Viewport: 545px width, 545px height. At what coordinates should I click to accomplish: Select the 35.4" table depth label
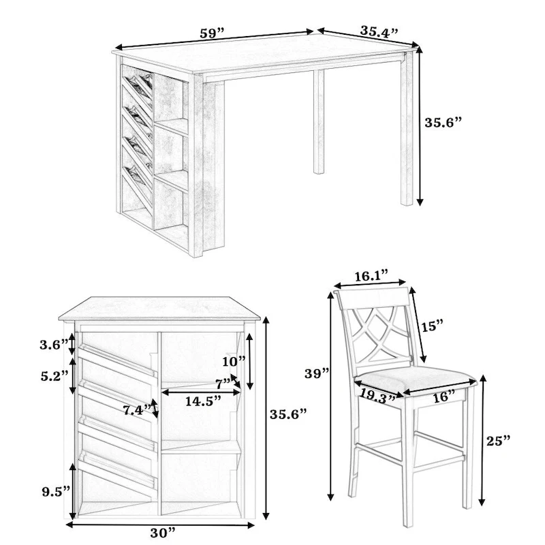379,31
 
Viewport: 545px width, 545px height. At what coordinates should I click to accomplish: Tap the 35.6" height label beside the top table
443,123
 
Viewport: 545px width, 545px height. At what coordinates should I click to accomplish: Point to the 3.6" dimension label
54,344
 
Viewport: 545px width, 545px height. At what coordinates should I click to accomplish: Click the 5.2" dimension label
54,375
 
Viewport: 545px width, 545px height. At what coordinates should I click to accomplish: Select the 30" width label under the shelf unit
162,531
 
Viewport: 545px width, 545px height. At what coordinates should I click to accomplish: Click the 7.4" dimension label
137,410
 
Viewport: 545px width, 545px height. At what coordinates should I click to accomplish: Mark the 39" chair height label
317,373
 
